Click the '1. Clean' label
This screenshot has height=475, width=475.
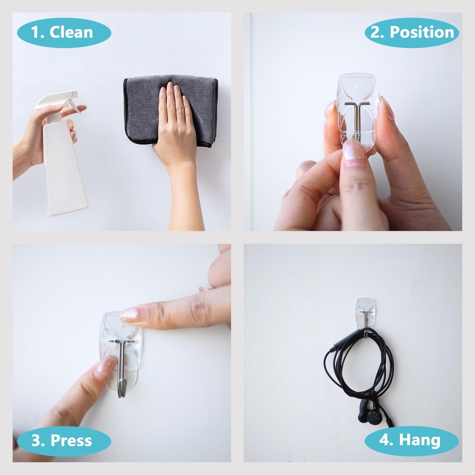[64, 33]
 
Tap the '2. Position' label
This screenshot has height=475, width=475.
[412, 32]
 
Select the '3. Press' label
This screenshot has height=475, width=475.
[64, 441]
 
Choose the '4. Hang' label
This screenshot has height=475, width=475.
[411, 441]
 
